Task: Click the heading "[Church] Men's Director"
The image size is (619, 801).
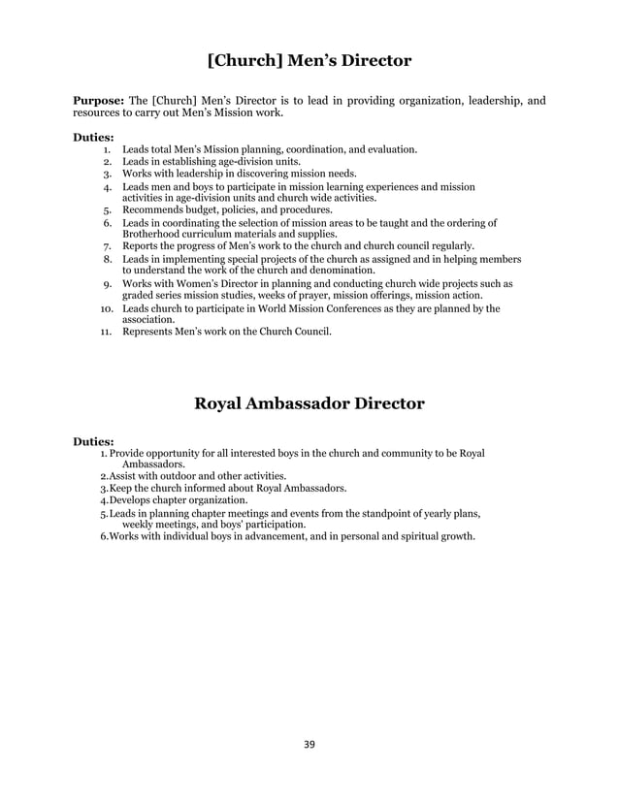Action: tap(309, 61)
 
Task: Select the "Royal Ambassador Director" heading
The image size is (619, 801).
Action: tap(309, 402)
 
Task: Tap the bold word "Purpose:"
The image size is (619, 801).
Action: tap(99, 101)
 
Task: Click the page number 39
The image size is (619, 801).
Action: tap(309, 745)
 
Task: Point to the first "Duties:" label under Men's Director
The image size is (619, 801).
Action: tap(94, 138)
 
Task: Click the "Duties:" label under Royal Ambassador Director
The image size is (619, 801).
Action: tap(94, 441)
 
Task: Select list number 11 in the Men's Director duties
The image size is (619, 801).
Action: tap(109, 333)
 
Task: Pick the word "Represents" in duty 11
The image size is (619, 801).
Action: tap(149, 333)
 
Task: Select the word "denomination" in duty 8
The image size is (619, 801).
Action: tap(344, 271)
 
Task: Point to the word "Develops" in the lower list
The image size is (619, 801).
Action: tap(131, 500)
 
